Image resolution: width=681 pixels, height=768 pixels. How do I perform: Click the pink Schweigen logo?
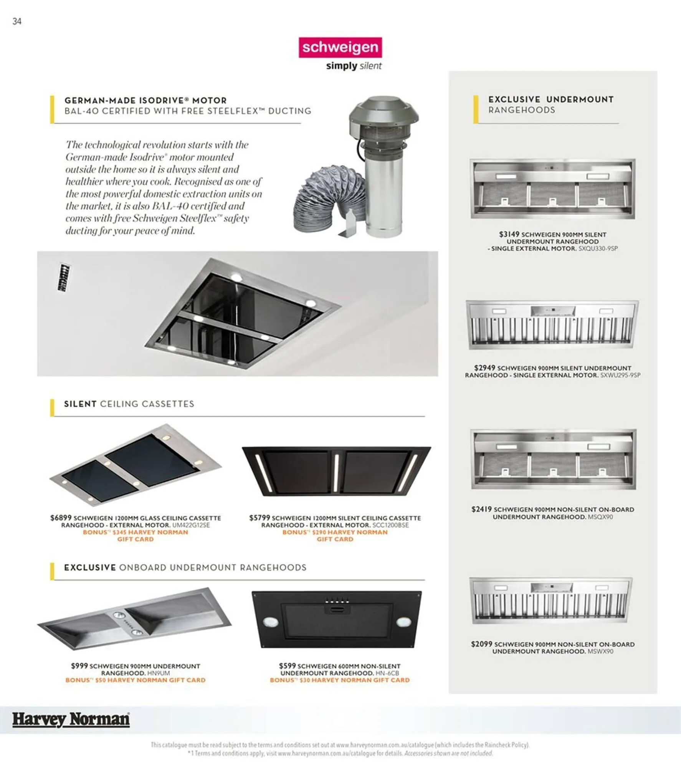coord(340,47)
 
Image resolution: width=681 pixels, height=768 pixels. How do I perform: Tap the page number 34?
coord(17,22)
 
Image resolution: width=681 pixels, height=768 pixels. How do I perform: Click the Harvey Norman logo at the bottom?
coord(71,719)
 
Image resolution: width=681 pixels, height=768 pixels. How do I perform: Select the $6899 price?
coord(61,518)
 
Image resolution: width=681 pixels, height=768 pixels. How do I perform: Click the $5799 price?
coord(260,518)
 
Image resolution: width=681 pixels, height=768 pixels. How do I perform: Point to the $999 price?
coord(79,665)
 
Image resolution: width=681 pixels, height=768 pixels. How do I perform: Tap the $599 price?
coord(287,665)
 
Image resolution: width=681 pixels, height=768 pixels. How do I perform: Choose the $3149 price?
coord(509,234)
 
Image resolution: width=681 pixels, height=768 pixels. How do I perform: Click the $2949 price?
coord(484,367)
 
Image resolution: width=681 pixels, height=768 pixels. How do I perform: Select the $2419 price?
coord(481,509)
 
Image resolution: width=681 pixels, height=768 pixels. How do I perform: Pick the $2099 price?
coord(481,644)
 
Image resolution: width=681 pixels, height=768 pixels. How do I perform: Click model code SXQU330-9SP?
coord(598,248)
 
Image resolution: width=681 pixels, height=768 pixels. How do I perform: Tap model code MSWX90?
coord(600,651)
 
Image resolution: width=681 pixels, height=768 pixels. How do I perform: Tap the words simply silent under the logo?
coord(354,66)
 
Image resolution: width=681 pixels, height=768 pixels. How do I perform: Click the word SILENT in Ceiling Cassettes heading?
coord(80,404)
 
